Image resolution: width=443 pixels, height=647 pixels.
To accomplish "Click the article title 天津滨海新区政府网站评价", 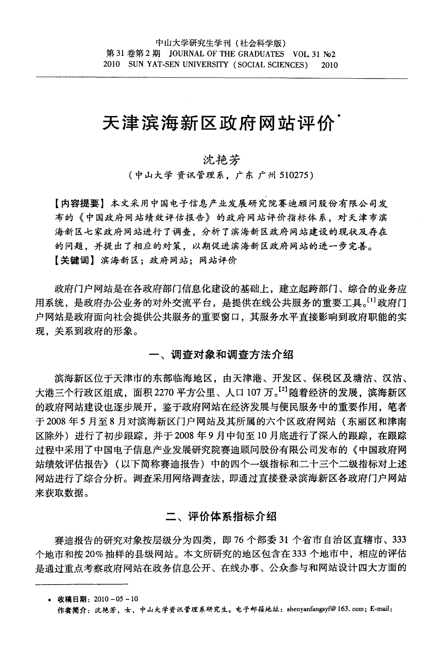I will pos(218,124).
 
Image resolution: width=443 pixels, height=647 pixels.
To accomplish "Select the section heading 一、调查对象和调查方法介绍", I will pos(221,355).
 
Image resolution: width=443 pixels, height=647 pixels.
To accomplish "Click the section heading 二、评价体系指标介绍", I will pos(221,517).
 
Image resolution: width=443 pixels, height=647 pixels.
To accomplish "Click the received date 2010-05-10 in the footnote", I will pos(116,599).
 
